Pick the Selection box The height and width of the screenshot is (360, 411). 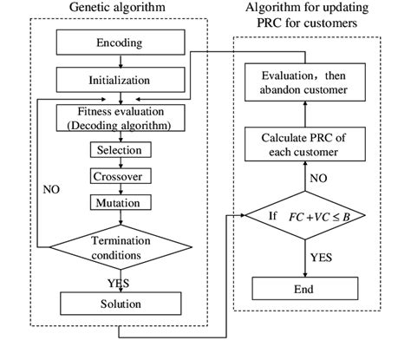(120, 149)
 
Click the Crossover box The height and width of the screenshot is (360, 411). (120, 176)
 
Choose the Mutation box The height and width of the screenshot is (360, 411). (120, 202)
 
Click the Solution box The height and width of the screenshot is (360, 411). (120, 304)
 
